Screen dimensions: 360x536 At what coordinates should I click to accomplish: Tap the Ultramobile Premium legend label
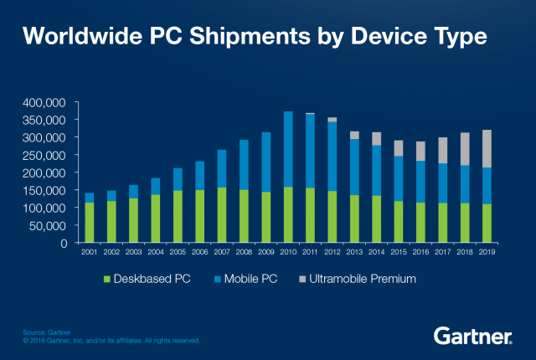(x=363, y=277)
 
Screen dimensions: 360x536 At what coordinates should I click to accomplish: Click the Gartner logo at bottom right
(x=473, y=336)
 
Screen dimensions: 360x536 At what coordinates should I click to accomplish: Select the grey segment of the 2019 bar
(x=487, y=148)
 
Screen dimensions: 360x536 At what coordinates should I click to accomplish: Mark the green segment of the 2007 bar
(x=222, y=215)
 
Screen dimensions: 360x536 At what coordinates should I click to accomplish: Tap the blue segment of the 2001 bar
(x=90, y=198)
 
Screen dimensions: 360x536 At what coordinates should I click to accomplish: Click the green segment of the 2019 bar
(x=487, y=224)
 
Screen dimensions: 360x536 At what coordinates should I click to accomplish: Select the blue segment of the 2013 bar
(x=354, y=167)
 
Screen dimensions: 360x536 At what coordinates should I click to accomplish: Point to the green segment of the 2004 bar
(x=156, y=219)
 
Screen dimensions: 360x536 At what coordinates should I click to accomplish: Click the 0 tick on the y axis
(x=64, y=243)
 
